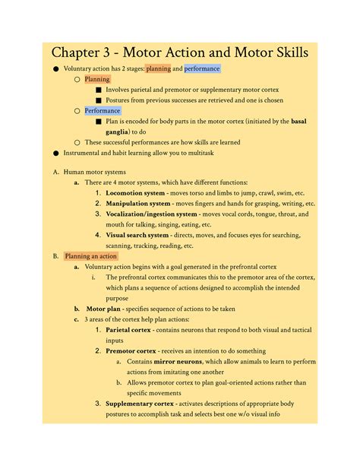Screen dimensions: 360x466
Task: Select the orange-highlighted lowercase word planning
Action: pos(158,68)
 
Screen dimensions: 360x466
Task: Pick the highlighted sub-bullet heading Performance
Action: pos(102,110)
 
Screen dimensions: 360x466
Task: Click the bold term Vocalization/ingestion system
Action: pos(151,214)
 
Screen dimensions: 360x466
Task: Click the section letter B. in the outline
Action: pos(55,256)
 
